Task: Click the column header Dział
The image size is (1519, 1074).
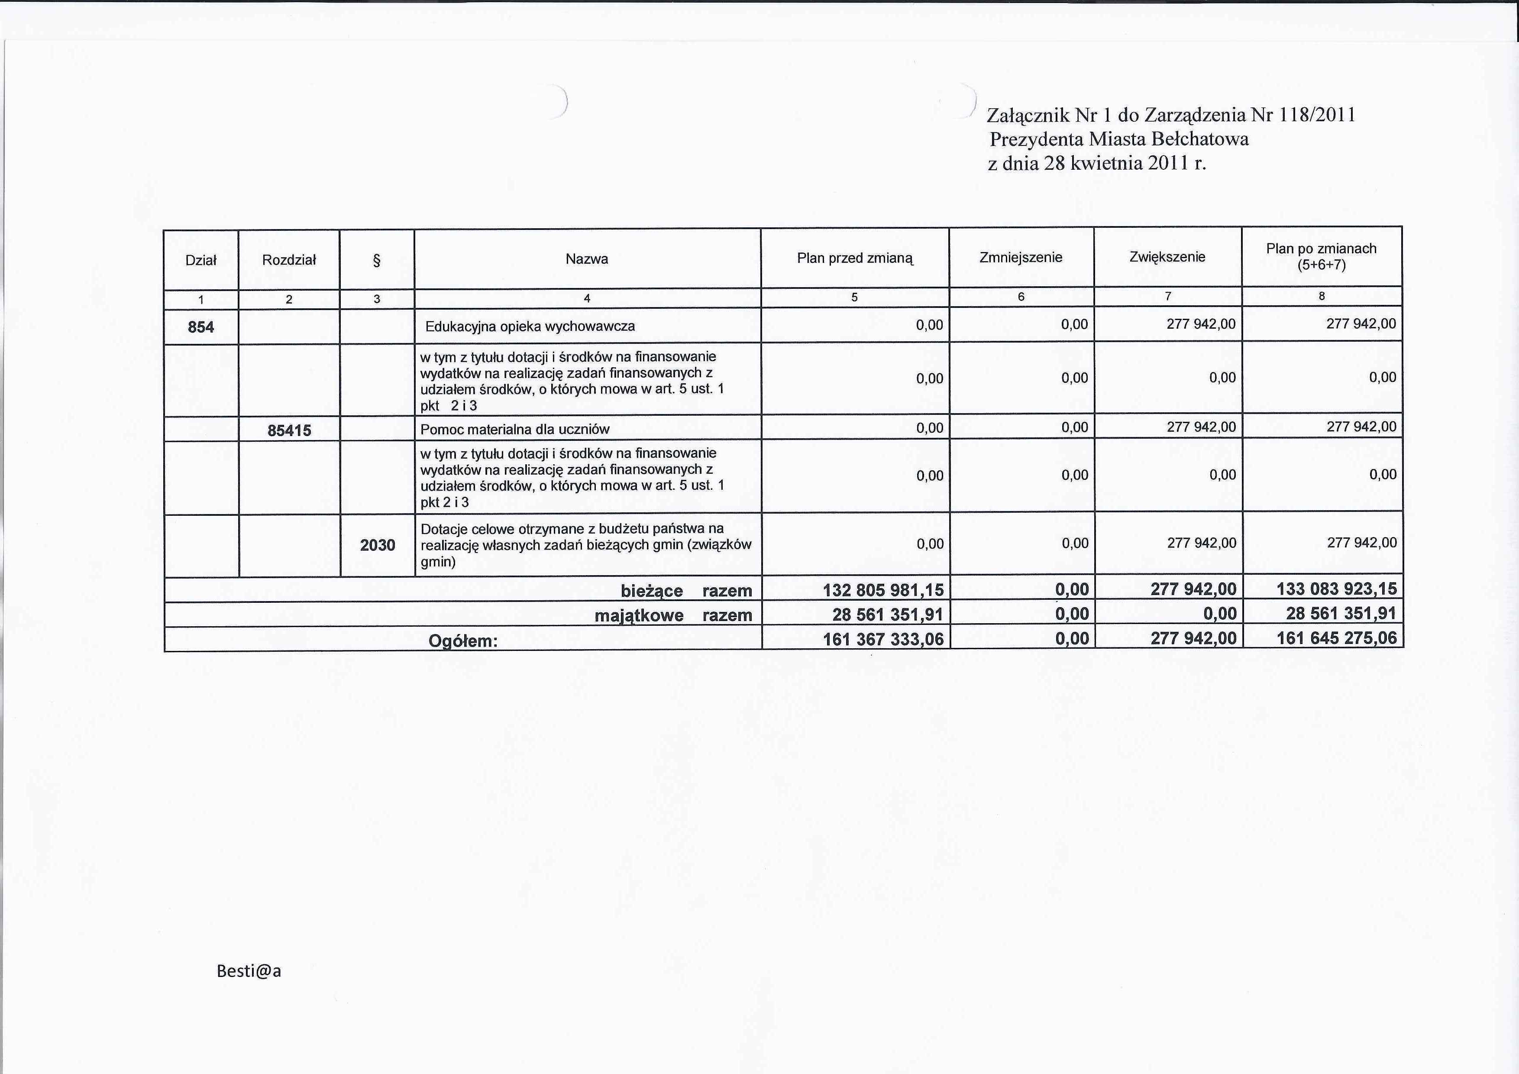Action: click(201, 260)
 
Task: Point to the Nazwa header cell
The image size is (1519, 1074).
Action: click(587, 259)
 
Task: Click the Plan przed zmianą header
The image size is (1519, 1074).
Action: click(855, 258)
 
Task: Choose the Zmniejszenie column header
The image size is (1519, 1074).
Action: click(1021, 257)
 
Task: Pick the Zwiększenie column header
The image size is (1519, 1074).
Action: click(1168, 257)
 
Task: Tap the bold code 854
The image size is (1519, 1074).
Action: click(201, 327)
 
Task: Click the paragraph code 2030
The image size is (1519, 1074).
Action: click(377, 545)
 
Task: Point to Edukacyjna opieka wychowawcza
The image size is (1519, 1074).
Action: click(530, 326)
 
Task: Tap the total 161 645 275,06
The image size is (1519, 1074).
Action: click(1336, 638)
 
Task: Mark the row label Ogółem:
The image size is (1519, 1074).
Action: click(462, 641)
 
